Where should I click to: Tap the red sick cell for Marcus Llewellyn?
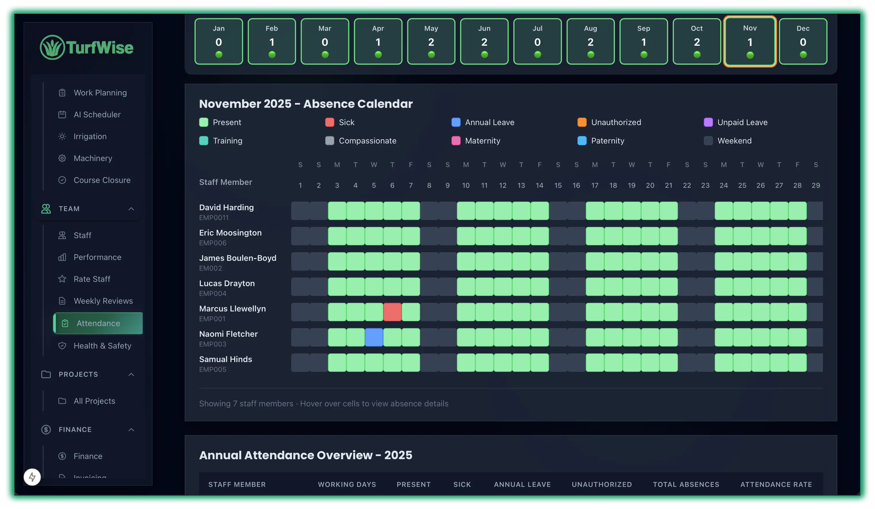click(x=392, y=311)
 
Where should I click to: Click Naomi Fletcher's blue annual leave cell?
click(x=373, y=337)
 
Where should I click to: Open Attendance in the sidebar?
click(x=98, y=323)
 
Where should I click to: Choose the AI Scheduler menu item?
click(x=97, y=114)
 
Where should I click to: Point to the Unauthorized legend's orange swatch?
click(x=582, y=122)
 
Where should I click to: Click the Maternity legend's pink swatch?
click(x=455, y=141)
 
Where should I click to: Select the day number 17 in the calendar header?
click(x=594, y=185)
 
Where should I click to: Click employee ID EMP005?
click(x=213, y=369)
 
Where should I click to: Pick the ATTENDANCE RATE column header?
click(x=776, y=484)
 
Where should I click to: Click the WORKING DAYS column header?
click(x=346, y=484)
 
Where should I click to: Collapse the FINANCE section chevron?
click(x=131, y=430)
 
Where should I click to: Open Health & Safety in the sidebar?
click(x=102, y=346)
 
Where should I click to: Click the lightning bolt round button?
click(x=32, y=477)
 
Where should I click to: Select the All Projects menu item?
click(x=94, y=401)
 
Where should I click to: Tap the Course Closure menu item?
click(x=102, y=180)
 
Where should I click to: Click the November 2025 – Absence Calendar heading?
click(x=306, y=104)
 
